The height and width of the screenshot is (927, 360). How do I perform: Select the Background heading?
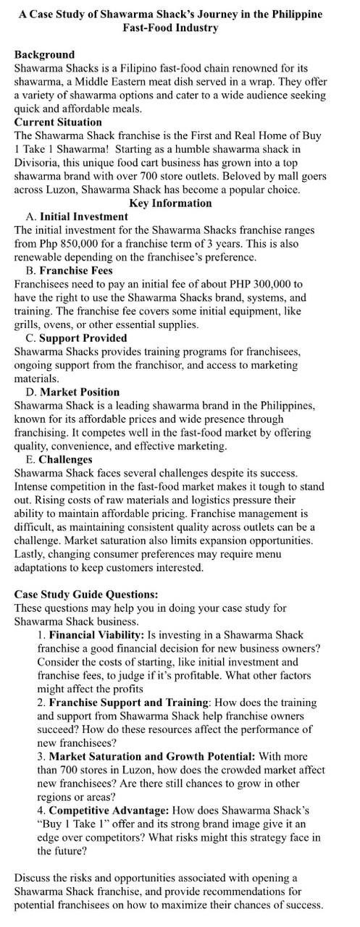click(x=43, y=54)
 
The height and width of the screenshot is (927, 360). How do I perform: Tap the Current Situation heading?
click(x=58, y=122)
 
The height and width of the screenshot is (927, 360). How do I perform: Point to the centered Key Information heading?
click(x=171, y=203)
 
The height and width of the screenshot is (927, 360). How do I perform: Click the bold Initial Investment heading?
click(x=83, y=217)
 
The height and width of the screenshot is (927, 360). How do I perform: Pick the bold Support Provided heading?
click(x=83, y=338)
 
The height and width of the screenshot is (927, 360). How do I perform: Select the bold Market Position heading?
click(x=80, y=392)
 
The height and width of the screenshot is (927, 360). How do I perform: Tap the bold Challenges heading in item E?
click(x=65, y=459)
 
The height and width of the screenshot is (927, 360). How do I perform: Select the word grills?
click(x=27, y=324)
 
